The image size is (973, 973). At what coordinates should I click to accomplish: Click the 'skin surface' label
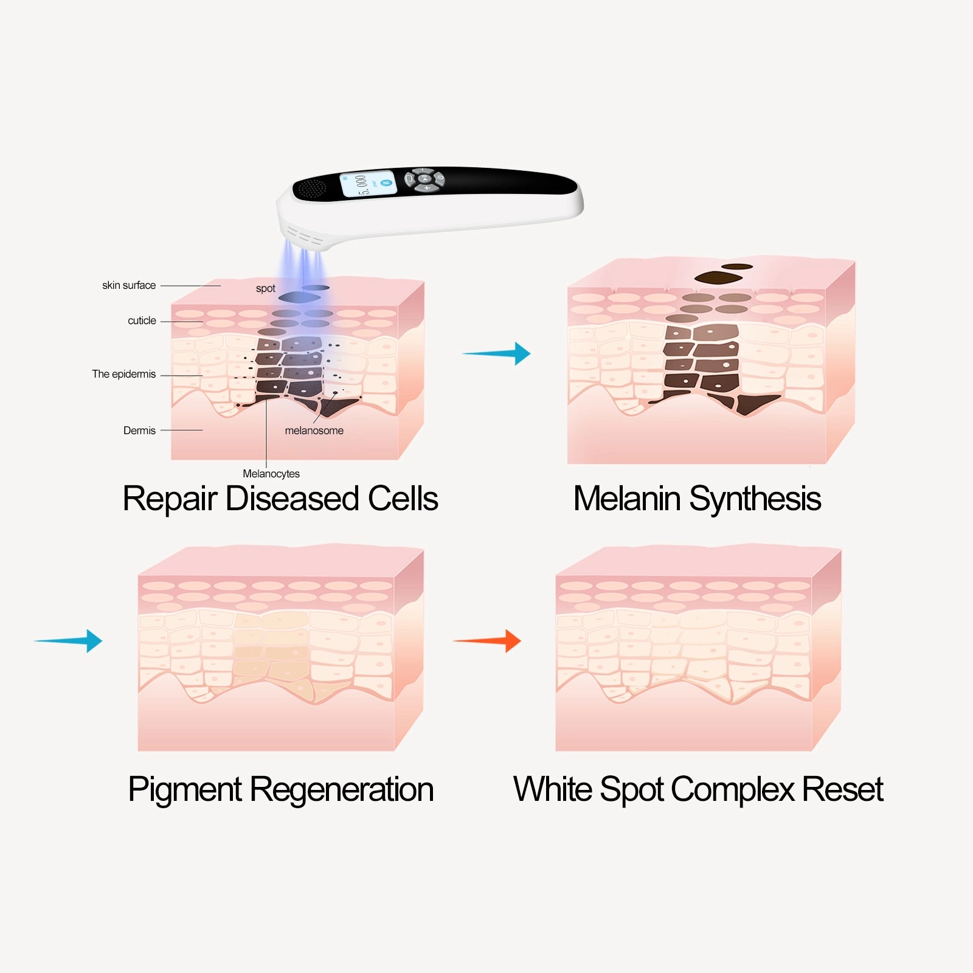click(x=129, y=285)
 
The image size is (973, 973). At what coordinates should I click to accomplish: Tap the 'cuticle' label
click(x=142, y=320)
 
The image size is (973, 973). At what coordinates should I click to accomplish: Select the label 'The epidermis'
click(x=124, y=374)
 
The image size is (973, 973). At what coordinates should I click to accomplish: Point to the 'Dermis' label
click(x=139, y=431)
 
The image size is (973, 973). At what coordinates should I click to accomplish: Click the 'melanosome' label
click(x=314, y=431)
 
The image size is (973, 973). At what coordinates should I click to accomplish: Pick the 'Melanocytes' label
click(x=271, y=474)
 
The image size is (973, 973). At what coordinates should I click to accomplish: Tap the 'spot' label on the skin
click(x=266, y=288)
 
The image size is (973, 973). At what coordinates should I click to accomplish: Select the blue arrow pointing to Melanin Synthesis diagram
click(x=497, y=353)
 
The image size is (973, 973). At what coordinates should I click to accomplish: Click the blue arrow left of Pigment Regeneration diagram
click(x=69, y=641)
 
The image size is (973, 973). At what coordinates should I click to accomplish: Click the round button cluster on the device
click(x=424, y=179)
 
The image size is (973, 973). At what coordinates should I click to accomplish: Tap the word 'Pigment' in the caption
click(x=185, y=790)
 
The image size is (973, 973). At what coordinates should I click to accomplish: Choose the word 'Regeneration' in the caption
click(x=342, y=790)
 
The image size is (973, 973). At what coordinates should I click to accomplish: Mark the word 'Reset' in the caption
click(x=842, y=790)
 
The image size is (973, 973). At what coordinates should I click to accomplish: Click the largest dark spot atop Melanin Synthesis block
click(x=718, y=278)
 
